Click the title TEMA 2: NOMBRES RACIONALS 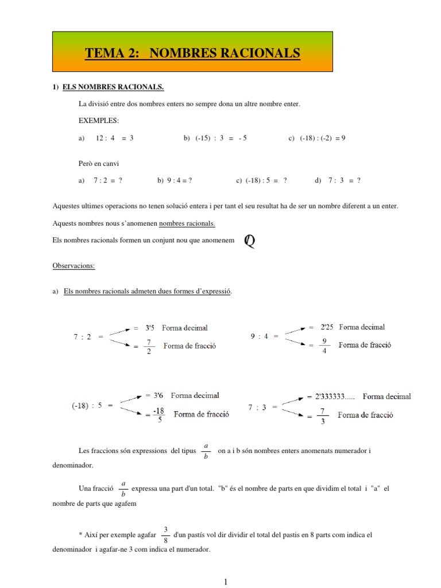tap(192, 53)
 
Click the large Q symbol tap(249, 241)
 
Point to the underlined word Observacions tap(73, 266)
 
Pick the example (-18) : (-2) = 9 tap(322, 138)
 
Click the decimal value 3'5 tap(148, 328)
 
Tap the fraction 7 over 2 tap(149, 346)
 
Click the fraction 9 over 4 tap(324, 346)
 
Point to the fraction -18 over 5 tap(159, 414)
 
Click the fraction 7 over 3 tap(323, 415)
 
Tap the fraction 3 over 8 tap(165, 535)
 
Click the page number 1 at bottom tap(226, 582)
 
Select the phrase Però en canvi tap(98, 164)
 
